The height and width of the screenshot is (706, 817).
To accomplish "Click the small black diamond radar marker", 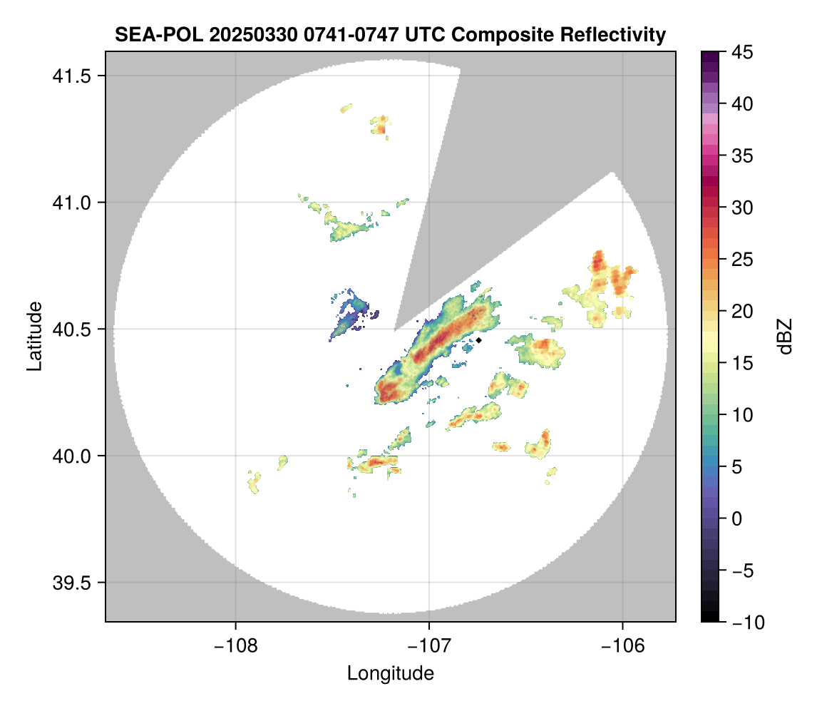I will click(479, 340).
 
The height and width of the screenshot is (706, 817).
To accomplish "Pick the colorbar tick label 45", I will click(743, 52).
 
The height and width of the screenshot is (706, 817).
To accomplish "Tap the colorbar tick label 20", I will click(743, 311).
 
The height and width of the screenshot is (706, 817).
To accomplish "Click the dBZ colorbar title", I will click(786, 337).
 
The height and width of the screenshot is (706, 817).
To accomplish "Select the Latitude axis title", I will click(34, 336).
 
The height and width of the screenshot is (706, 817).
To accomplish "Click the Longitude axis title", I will click(391, 673).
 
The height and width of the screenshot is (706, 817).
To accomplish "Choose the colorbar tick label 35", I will click(743, 155).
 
